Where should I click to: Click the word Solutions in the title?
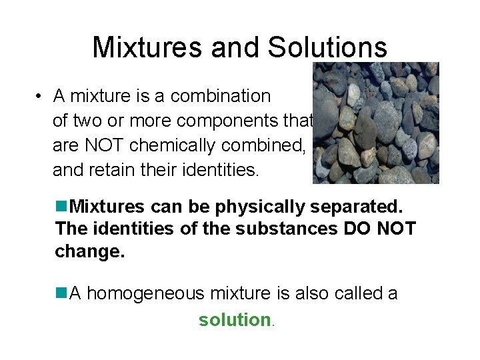point(327,47)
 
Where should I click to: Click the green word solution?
point(233,320)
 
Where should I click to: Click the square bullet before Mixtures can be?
point(62,207)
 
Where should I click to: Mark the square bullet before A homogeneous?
point(62,293)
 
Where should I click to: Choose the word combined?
point(263,146)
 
